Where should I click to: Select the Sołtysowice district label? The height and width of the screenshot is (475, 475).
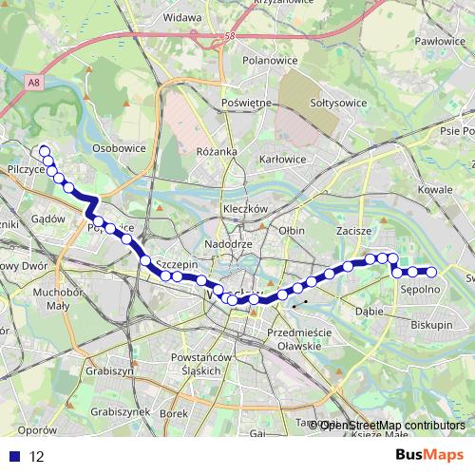(x=339, y=102)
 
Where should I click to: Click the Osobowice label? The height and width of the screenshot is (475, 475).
(x=119, y=149)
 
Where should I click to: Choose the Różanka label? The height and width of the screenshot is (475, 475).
(x=217, y=152)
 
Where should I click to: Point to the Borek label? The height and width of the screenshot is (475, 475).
(x=175, y=413)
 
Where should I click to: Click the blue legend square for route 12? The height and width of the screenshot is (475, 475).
(x=11, y=456)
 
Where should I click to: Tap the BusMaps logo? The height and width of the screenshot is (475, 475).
(x=430, y=456)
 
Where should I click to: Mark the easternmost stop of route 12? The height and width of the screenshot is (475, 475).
(x=431, y=273)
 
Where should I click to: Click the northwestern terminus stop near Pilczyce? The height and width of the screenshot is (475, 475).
(x=43, y=150)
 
